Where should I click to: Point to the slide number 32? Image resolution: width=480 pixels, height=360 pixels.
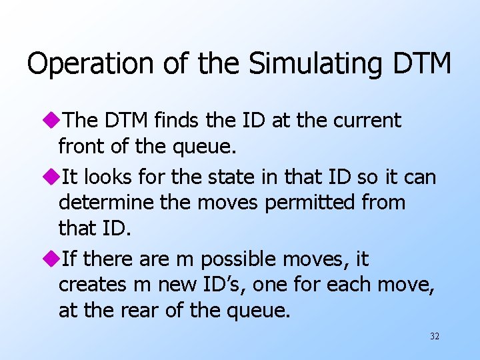[435, 337]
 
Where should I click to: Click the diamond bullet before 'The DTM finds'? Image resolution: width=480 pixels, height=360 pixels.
[51, 121]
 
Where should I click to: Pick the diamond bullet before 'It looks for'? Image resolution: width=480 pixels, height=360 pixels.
[51, 177]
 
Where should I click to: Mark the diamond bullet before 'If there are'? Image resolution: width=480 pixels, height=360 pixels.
[51, 259]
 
